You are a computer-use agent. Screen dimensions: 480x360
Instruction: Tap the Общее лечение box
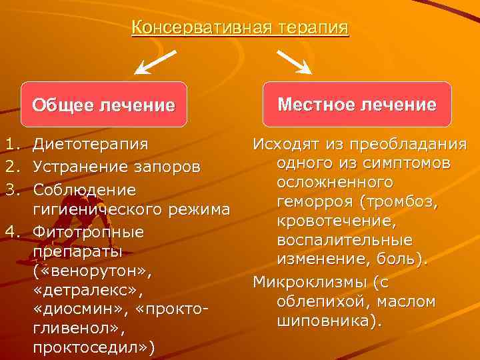point(103,105)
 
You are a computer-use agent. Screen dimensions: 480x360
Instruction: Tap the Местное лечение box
point(357,104)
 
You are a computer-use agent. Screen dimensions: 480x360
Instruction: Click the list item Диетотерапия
point(91,143)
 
